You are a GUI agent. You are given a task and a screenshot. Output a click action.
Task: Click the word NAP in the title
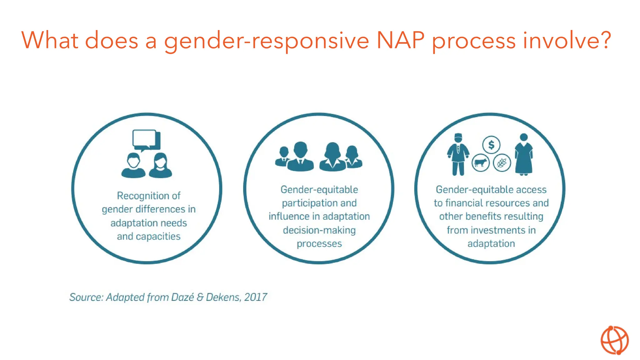(401, 41)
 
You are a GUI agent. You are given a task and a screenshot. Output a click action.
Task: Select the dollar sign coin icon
(491, 145)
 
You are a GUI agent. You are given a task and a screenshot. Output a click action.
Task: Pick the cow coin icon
(480, 163)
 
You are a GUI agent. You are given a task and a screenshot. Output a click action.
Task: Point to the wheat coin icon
(502, 163)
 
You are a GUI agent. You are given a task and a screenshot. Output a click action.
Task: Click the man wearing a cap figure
(458, 154)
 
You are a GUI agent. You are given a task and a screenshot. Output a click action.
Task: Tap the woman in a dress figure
(524, 154)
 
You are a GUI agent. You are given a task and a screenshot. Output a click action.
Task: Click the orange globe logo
(614, 340)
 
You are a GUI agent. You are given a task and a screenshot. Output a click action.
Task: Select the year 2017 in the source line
(256, 297)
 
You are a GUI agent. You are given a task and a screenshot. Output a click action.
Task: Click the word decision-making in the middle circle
(319, 230)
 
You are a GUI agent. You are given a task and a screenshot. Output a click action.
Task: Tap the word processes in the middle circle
(319, 244)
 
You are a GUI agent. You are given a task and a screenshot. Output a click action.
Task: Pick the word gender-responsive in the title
(267, 41)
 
